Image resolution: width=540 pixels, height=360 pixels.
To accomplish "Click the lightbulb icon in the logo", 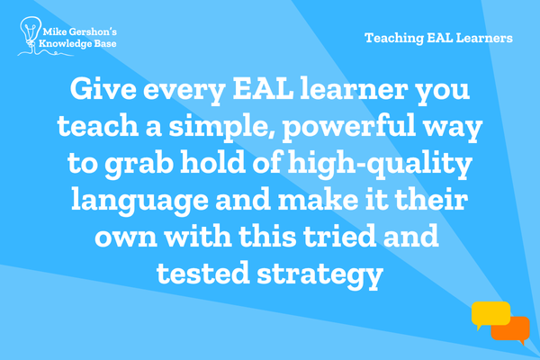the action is coord(31,31).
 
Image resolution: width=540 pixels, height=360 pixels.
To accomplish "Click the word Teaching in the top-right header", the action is coord(394,38).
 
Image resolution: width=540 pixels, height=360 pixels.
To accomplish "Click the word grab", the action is coord(139,164).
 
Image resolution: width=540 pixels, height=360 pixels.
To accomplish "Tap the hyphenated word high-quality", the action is coord(380,164).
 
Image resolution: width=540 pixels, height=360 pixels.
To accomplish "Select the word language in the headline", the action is coord(140,201).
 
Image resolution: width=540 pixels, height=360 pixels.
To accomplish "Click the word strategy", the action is coord(319,274).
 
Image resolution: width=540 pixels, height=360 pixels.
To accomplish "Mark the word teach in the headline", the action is coord(98,125).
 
